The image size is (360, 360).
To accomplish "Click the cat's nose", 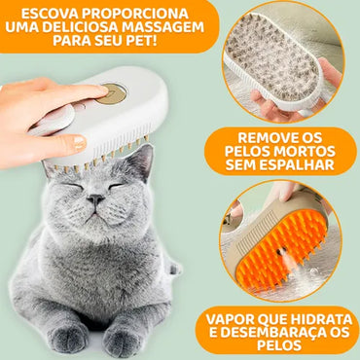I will pos(95,198).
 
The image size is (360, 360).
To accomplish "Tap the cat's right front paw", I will pos(68,337).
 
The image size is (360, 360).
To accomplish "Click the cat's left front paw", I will pos(122,340).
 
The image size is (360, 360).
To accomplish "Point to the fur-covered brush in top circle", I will pos(277,63).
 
